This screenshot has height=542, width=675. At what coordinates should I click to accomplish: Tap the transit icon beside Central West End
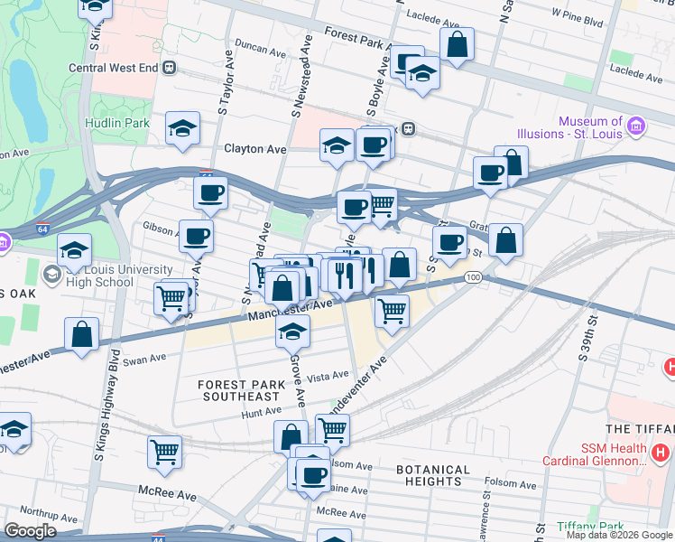pos(170,68)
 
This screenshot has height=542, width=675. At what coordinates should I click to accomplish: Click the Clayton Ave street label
pos(254,149)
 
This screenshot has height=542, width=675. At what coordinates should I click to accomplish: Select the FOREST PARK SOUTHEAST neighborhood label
pos(240,390)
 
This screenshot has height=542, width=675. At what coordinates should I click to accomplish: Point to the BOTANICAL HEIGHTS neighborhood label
pos(433,475)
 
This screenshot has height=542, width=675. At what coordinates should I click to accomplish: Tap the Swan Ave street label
pos(146,359)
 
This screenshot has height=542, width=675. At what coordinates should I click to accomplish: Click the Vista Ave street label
pos(328,376)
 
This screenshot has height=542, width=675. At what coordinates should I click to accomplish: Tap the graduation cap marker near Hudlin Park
pos(182,129)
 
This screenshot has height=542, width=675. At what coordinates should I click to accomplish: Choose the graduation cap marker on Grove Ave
pos(293,332)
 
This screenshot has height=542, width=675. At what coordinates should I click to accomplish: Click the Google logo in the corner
pos(30,531)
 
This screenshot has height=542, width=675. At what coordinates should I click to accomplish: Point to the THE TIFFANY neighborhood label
pos(641,428)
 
